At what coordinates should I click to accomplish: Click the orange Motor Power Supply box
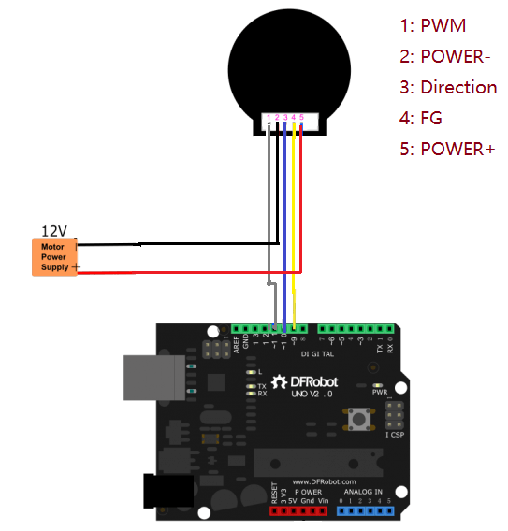[x=54, y=257]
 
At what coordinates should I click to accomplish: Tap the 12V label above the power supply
[x=54, y=230]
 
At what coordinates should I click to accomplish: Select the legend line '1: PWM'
[x=432, y=25]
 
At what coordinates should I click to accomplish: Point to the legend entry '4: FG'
[x=420, y=118]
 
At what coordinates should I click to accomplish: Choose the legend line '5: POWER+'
[x=446, y=149]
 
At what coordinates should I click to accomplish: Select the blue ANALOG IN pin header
[x=366, y=511]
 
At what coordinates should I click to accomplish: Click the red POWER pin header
[x=300, y=511]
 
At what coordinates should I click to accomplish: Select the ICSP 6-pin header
[x=396, y=414]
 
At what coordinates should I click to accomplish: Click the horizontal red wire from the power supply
[x=187, y=272]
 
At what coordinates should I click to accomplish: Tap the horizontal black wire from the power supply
[x=178, y=242]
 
